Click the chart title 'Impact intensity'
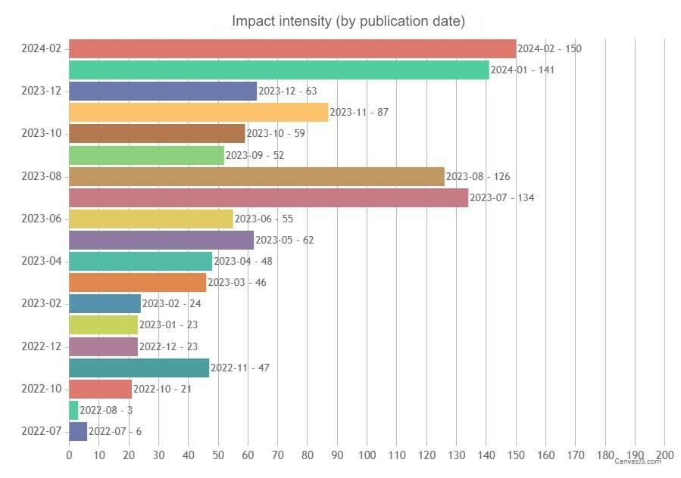point(348,20)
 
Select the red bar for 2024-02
point(292,49)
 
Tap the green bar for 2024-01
point(279,70)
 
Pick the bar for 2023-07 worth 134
point(268,198)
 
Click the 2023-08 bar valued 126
point(256,177)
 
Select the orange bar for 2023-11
point(198,113)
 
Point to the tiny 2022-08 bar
point(73,411)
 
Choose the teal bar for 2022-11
point(139,368)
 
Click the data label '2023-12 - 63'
point(287,92)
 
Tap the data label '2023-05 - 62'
point(284,241)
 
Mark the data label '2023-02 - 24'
point(170,304)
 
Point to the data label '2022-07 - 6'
point(114,432)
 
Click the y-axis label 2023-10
point(42,134)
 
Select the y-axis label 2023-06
point(42,219)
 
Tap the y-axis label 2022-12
point(42,346)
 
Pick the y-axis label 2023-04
point(42,262)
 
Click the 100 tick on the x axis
point(367,455)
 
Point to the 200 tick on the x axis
point(664,455)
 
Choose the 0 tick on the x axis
point(69,455)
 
